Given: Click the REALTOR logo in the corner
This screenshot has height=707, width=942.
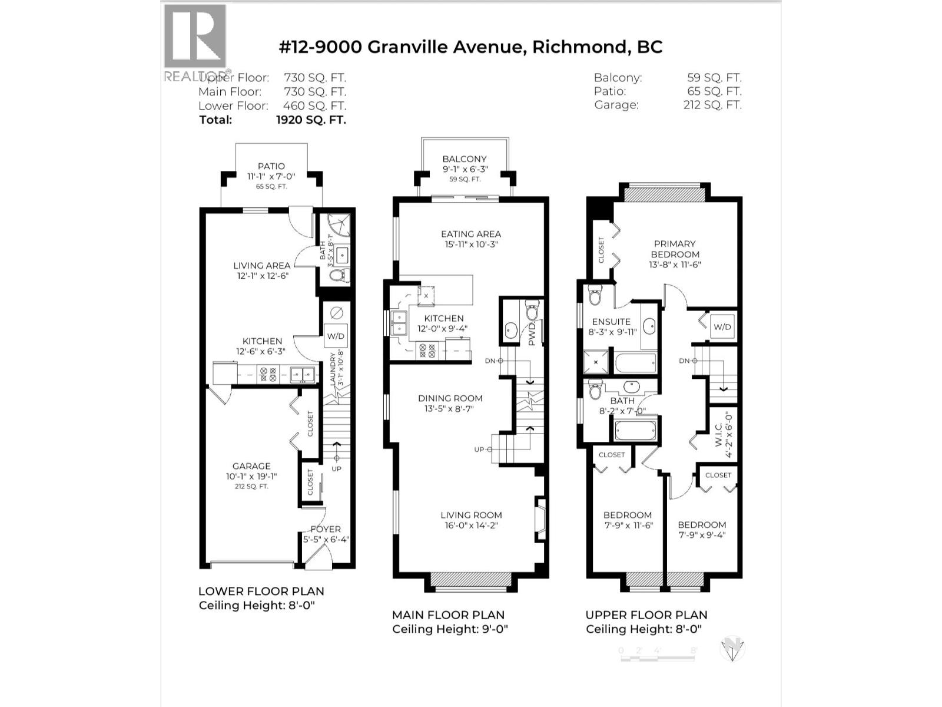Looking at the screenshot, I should tap(194, 41).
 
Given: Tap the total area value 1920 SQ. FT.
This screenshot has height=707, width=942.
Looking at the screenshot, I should tap(311, 120).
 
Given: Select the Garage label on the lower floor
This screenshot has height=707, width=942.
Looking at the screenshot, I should tap(251, 466).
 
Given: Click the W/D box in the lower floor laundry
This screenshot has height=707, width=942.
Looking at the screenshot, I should tap(336, 336).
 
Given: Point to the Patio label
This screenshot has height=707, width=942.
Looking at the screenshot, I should tap(271, 167).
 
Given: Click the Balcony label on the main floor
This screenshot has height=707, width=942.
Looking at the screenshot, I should tap(465, 159).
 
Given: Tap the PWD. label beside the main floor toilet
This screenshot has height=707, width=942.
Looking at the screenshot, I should tap(532, 334).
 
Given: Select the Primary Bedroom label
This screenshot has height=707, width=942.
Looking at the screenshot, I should tap(675, 249).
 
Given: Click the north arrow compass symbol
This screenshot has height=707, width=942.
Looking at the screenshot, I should tap(732, 650).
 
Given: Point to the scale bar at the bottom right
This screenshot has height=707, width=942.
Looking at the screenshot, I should tap(658, 650).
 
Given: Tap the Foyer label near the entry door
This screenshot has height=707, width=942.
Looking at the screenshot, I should tap(326, 529).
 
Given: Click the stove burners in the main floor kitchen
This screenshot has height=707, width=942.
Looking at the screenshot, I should tap(426, 351).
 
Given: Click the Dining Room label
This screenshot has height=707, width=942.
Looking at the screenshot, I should tap(450, 398).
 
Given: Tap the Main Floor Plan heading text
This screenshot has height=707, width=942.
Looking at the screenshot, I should tap(448, 615).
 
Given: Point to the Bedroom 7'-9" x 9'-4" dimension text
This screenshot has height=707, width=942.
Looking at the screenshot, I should tap(702, 536).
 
